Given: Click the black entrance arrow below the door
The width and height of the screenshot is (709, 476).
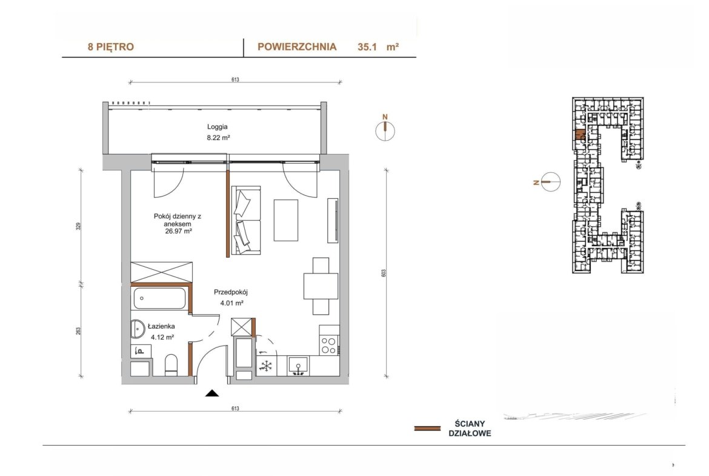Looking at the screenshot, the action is [212, 393].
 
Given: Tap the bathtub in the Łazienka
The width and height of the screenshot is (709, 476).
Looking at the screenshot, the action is [159, 298].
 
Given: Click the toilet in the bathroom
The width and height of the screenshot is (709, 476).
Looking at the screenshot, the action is [171, 365].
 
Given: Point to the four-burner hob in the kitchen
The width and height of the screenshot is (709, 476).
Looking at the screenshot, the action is [328, 345].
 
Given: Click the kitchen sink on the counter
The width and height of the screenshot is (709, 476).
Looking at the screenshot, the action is [298, 366].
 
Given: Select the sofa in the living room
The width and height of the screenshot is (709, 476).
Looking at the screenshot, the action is [245, 220].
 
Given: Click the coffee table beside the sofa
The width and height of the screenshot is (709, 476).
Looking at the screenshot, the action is [286, 220].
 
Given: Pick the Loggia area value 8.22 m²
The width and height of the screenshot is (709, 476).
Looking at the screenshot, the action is [218, 138].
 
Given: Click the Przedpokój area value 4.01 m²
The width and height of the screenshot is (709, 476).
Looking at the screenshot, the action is [232, 303].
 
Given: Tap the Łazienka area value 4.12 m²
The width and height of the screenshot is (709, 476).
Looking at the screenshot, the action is [162, 337].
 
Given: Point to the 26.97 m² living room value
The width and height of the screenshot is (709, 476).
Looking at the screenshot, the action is [179, 231].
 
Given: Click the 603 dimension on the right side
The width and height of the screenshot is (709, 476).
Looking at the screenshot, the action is [384, 273].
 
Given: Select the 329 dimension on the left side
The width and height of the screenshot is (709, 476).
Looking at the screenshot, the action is [78, 226].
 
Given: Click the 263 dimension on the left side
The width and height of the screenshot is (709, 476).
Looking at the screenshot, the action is [78, 331].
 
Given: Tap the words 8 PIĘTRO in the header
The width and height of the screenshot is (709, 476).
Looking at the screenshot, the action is [111, 47].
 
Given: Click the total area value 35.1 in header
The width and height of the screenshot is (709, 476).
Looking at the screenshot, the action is [367, 47].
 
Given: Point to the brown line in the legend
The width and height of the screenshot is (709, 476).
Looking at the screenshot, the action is [427, 428].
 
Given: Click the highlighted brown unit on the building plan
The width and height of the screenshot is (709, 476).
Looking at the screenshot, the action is [579, 135].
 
